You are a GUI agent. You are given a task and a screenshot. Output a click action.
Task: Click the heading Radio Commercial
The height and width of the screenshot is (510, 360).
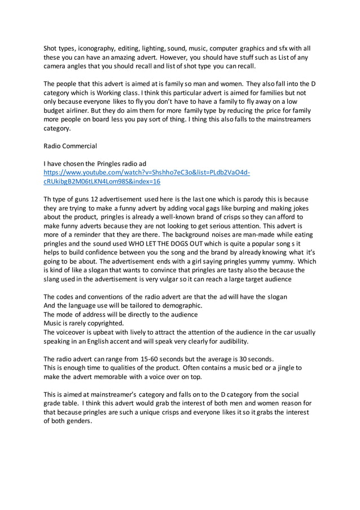pos(71,146)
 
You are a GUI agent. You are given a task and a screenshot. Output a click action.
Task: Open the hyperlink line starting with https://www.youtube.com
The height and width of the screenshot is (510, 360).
pos(147,173)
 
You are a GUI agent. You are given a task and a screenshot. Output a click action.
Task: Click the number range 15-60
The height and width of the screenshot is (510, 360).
pos(144,358)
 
